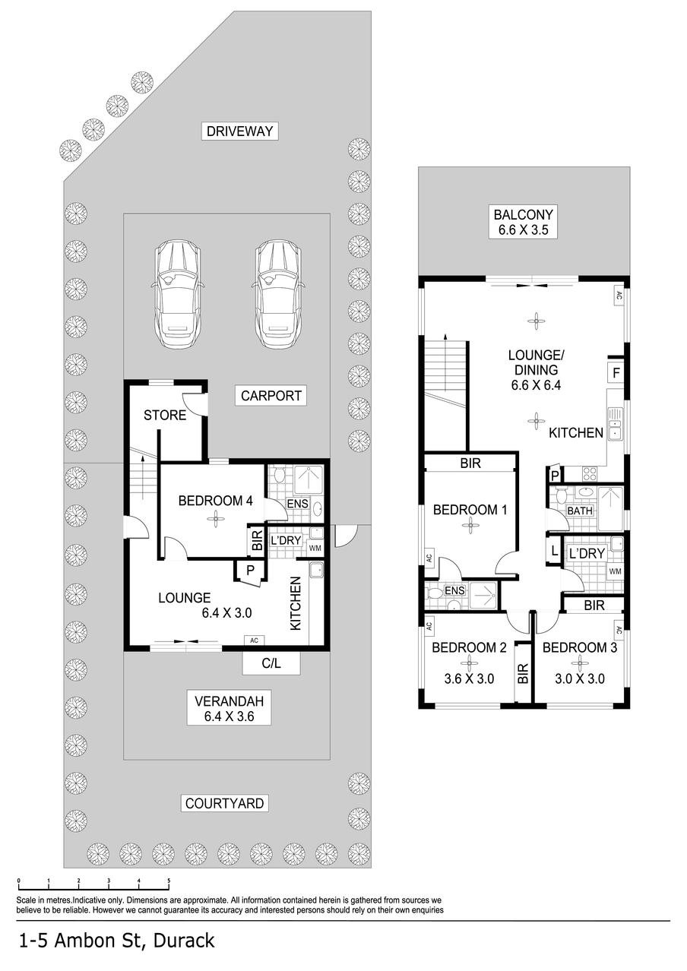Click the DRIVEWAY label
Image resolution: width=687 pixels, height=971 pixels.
pyautogui.click(x=239, y=131)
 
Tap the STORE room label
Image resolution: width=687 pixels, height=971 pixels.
pyautogui.click(x=165, y=416)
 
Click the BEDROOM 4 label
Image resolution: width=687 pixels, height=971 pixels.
pyautogui.click(x=216, y=501)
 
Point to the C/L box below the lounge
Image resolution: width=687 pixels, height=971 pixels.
pyautogui.click(x=271, y=663)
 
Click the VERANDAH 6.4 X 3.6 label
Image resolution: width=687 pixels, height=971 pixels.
pyautogui.click(x=229, y=708)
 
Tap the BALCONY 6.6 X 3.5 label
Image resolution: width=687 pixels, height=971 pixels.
pyautogui.click(x=523, y=222)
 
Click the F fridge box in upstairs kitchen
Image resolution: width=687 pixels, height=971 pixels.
pyautogui.click(x=616, y=373)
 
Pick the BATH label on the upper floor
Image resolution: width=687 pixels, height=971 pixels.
pyautogui.click(x=579, y=511)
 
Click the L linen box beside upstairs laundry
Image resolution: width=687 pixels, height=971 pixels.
pyautogui.click(x=554, y=551)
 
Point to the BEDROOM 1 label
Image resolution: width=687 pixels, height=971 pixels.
pyautogui.click(x=470, y=510)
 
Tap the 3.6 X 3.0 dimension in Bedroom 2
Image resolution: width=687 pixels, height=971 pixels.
pyautogui.click(x=469, y=678)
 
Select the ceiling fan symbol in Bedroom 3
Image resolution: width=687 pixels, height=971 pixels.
pyautogui.click(x=579, y=662)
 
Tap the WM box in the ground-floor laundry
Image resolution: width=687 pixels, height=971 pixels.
pyautogui.click(x=315, y=549)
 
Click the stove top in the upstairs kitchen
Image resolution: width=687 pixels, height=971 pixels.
pyautogui.click(x=590, y=473)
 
